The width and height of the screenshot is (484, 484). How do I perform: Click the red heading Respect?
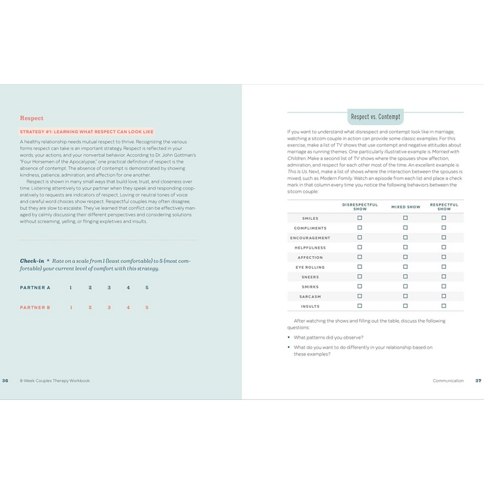(32, 118)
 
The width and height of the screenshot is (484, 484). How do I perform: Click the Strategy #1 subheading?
(87, 132)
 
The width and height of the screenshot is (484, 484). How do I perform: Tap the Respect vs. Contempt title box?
(375, 117)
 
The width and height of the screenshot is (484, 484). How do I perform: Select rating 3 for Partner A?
(109, 288)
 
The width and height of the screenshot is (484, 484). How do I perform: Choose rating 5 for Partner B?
(147, 307)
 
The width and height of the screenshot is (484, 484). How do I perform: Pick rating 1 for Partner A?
(71, 288)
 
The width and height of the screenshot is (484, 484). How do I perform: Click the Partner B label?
(35, 307)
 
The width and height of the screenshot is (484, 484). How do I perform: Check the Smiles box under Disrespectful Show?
(360, 218)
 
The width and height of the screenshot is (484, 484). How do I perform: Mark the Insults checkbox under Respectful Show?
(444, 306)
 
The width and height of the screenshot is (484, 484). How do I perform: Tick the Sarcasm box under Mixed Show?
(405, 296)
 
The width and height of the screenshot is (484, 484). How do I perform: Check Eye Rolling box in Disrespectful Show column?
(360, 267)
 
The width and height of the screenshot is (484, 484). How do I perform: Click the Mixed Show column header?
(405, 207)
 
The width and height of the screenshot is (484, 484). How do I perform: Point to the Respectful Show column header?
(444, 206)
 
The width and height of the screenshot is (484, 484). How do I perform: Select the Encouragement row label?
(310, 238)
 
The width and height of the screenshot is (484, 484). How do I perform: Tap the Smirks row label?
(310, 286)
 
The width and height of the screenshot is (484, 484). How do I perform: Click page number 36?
(5, 380)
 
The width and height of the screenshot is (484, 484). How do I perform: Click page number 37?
(478, 380)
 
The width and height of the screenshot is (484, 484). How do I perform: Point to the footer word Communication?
(448, 380)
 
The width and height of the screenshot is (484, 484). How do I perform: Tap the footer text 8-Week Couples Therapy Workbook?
(54, 380)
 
